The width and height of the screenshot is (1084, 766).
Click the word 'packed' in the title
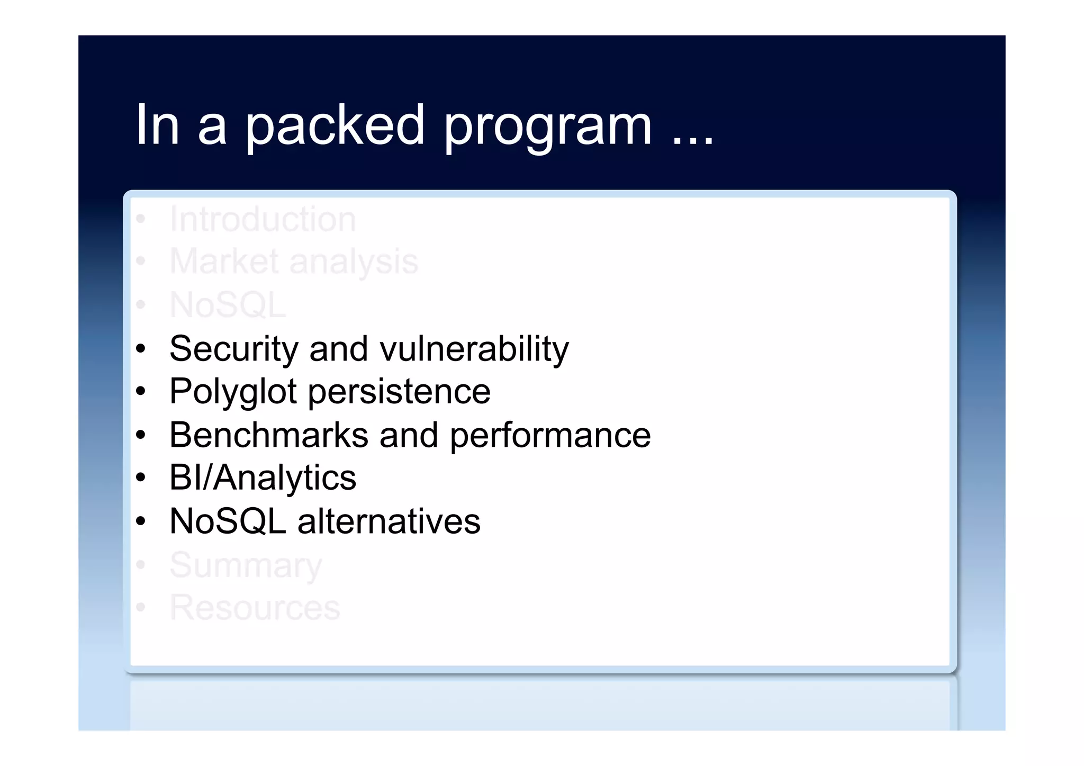(x=335, y=126)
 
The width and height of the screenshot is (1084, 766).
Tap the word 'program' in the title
(x=547, y=127)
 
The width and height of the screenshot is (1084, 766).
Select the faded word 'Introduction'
(x=263, y=219)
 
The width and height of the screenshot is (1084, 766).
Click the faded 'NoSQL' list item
(x=228, y=305)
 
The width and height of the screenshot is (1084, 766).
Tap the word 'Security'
(x=234, y=349)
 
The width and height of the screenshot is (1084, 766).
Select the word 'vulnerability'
(x=474, y=349)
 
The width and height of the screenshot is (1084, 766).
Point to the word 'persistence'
(x=399, y=392)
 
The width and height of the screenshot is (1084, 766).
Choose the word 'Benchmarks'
(x=268, y=435)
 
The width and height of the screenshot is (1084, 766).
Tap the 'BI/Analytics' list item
(x=263, y=478)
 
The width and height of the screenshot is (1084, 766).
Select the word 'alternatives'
(x=389, y=521)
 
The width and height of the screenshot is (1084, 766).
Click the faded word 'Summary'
(x=246, y=565)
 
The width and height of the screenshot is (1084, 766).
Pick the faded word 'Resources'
(x=255, y=608)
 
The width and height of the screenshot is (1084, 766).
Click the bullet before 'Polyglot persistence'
(x=140, y=392)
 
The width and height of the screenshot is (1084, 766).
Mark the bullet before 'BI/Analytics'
(x=140, y=478)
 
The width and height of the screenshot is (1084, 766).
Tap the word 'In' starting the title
(x=157, y=125)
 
